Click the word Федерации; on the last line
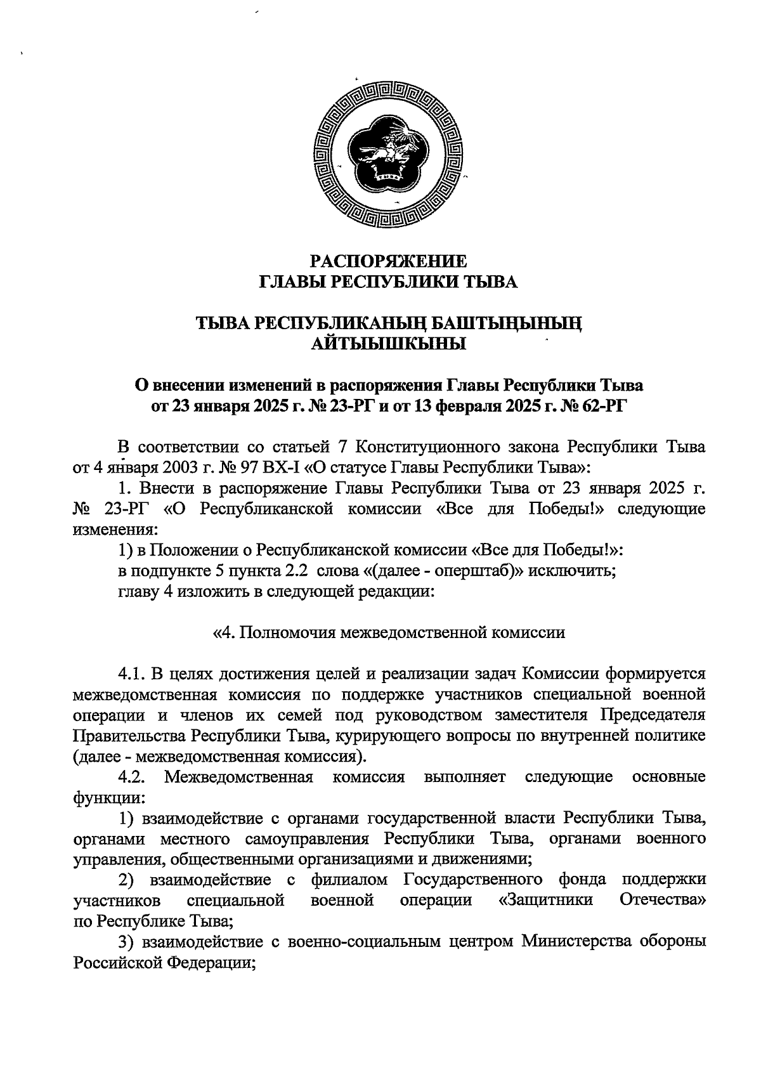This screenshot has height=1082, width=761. (211, 963)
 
